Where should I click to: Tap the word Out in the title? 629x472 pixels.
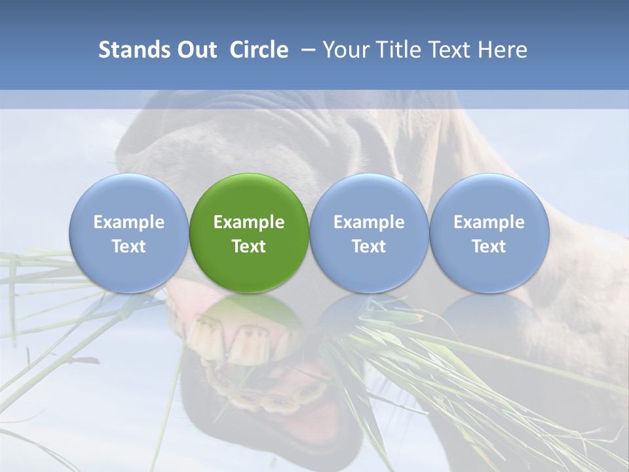(196, 50)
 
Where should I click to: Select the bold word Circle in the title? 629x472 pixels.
(259, 50)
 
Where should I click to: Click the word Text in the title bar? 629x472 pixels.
(451, 50)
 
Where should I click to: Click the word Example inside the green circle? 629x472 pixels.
(249, 222)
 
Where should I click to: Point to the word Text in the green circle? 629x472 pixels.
(249, 246)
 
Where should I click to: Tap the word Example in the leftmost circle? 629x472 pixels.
(128, 222)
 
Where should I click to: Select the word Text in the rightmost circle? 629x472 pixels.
(489, 246)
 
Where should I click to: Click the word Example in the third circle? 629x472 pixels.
(369, 222)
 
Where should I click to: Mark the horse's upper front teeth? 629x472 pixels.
(229, 338)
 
